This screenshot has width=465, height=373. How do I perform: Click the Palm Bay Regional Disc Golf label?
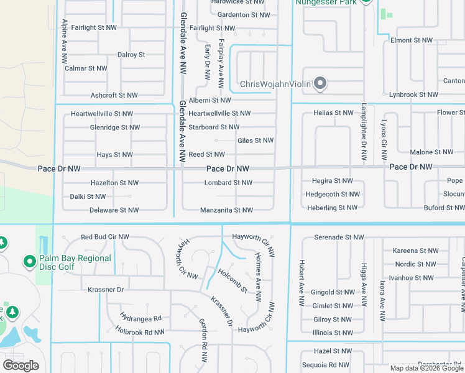75,263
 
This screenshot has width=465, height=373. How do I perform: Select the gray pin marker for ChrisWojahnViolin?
320,83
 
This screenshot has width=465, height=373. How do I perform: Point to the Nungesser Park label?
326,2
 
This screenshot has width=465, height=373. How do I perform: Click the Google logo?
21,366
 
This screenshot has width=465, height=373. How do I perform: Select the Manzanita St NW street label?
226,210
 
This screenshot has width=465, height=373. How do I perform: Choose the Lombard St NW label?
228,183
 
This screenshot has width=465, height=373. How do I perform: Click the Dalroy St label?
131,55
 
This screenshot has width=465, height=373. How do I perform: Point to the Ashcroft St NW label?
114,96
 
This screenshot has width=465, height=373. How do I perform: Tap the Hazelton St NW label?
114,183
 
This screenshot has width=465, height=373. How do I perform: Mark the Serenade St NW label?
339,237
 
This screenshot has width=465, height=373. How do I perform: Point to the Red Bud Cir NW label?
105,237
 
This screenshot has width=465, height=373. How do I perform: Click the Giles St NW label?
256,140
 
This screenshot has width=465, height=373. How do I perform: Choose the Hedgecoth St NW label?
331,194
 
